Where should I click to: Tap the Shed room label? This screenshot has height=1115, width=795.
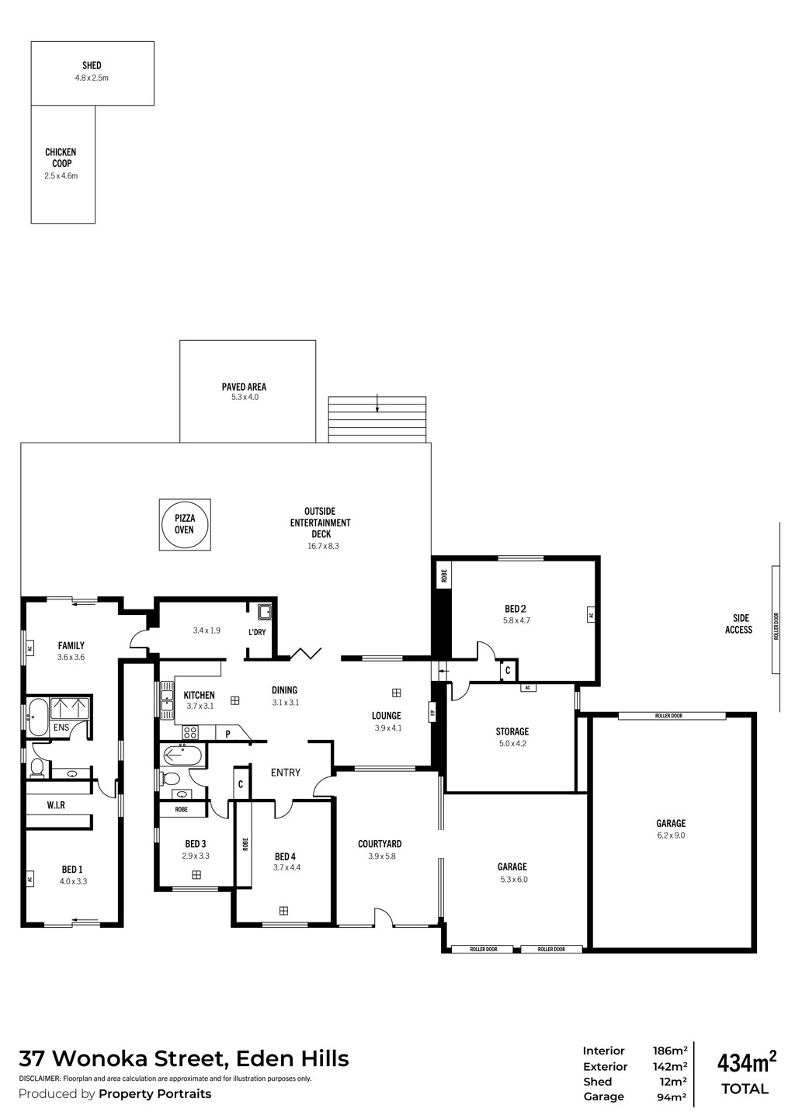92,65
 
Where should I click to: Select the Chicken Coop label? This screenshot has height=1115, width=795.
61,158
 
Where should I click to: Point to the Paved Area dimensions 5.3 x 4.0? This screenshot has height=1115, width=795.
245,397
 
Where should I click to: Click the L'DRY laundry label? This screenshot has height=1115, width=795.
257,632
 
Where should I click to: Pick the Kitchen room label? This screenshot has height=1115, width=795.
199,694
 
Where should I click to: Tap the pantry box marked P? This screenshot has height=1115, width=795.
227,733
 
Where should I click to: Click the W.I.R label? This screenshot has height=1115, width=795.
56,805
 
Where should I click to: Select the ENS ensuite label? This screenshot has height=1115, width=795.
61,728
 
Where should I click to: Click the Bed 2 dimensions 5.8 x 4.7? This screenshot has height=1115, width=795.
516,620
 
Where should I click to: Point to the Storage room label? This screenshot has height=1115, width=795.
512,731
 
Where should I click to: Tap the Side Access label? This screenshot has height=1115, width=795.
739,623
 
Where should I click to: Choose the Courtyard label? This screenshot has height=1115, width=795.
380,844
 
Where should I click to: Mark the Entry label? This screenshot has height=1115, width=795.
285,772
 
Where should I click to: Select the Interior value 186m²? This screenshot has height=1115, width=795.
670,1051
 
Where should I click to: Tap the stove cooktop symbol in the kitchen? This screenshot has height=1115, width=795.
190,732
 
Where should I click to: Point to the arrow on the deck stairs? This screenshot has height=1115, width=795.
377,403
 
